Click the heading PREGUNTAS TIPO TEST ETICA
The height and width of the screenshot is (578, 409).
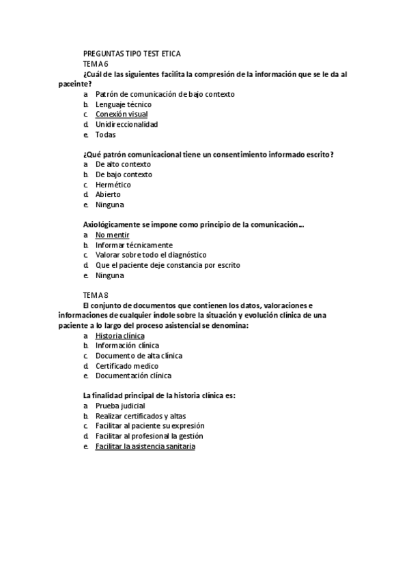(131, 53)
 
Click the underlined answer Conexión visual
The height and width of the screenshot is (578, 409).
(121, 115)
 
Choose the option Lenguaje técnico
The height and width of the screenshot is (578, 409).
(123, 104)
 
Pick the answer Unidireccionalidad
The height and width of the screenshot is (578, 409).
(126, 125)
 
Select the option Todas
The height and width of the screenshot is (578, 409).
(106, 135)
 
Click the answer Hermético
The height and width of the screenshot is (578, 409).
(113, 185)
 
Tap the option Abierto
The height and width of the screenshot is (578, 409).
(108, 194)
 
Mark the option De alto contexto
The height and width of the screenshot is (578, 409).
(123, 164)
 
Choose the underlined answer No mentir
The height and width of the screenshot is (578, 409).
(112, 234)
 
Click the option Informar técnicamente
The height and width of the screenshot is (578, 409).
(134, 245)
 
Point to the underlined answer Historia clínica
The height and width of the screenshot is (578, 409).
(119, 335)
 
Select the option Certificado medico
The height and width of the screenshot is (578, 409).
(126, 365)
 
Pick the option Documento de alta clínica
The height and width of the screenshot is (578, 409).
(139, 355)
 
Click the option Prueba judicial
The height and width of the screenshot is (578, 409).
(120, 406)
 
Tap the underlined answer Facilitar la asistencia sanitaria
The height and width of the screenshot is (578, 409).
(145, 446)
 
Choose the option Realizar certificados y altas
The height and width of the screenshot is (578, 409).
(140, 416)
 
